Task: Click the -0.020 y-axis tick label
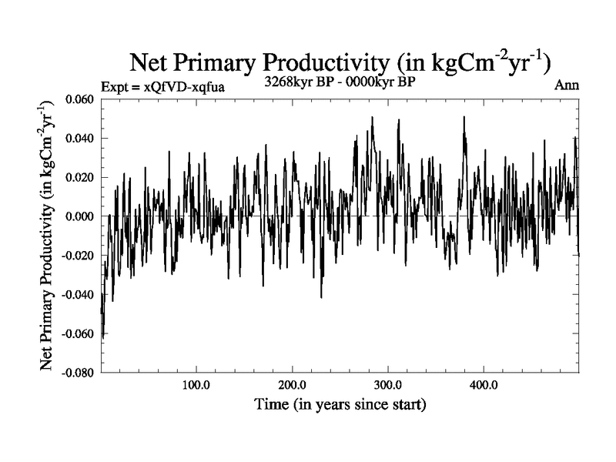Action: point(81,256)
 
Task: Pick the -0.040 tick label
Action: point(81,294)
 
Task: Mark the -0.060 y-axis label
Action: point(81,333)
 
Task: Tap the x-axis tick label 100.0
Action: point(196,385)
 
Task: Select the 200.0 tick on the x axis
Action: point(293,385)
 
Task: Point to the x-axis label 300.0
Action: point(388,385)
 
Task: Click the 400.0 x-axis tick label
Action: point(484,385)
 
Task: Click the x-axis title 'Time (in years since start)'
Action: point(340,403)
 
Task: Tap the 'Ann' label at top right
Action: point(566,86)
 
